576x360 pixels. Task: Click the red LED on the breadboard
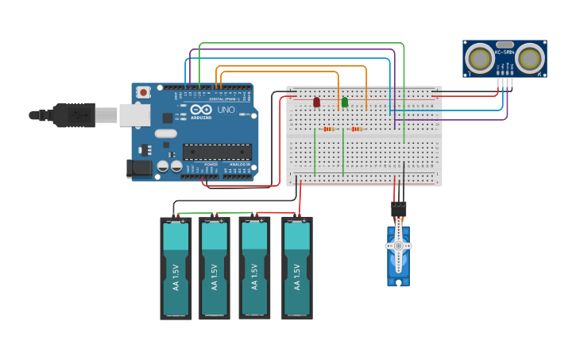(x=316, y=102)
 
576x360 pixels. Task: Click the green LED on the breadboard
(x=344, y=102)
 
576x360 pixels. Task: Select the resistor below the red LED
(x=329, y=129)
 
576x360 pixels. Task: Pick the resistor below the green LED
(x=357, y=129)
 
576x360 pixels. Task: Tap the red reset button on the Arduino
(x=143, y=92)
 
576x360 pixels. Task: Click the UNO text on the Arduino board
(x=226, y=110)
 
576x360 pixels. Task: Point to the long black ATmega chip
(x=217, y=151)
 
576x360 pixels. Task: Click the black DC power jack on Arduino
(x=140, y=167)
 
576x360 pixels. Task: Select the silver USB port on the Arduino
(x=134, y=115)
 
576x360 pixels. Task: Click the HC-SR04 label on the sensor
(x=504, y=52)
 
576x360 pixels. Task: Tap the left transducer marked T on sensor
(x=479, y=58)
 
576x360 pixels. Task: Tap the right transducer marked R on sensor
(x=530, y=58)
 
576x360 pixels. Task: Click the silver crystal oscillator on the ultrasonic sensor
(x=504, y=45)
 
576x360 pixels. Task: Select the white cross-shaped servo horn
(x=398, y=246)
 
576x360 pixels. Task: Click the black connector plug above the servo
(x=398, y=209)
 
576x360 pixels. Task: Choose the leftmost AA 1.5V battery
(x=176, y=269)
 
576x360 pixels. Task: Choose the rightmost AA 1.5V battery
(x=296, y=269)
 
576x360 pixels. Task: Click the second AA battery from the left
(x=214, y=269)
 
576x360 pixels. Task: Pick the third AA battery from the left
(x=254, y=269)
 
